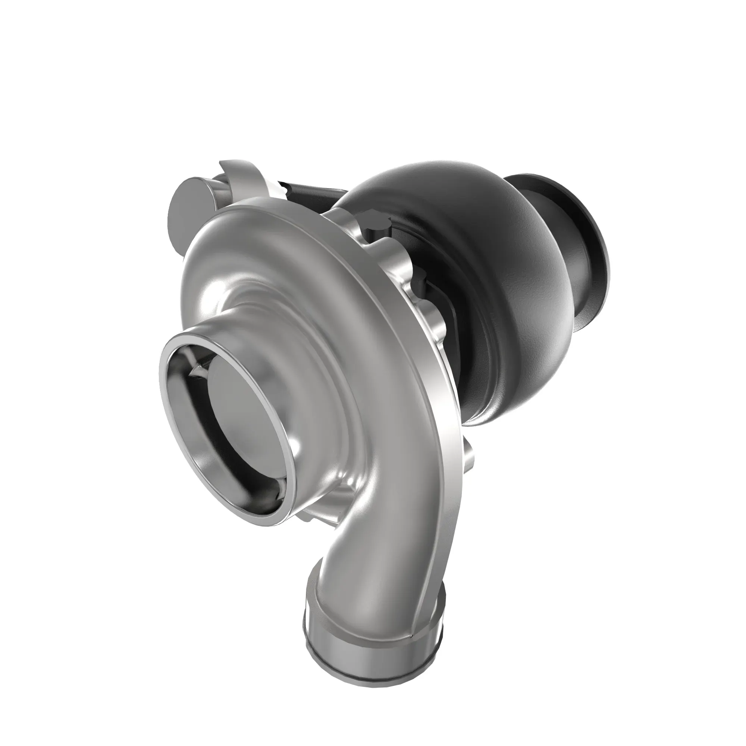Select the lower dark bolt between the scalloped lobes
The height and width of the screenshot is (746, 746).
(421, 282)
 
